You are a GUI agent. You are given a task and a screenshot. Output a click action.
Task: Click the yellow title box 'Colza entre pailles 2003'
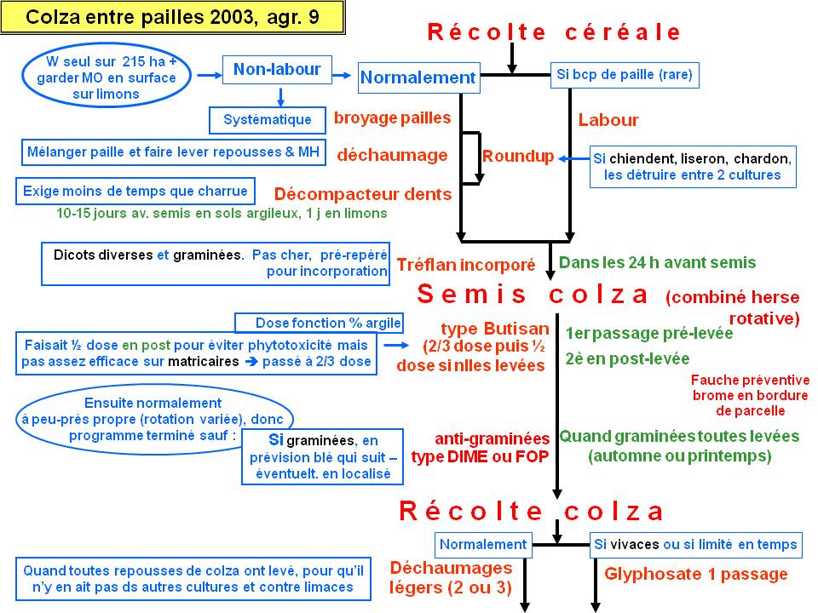coord(172,17)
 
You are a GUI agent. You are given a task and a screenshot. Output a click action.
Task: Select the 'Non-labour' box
coord(277,69)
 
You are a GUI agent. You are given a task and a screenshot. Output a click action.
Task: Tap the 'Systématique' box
coord(267,120)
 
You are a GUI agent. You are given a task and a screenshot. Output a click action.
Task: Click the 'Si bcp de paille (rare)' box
coord(625,75)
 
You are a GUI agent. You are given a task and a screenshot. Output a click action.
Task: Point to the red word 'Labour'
coord(608,120)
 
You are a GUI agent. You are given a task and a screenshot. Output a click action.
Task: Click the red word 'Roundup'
coord(518,156)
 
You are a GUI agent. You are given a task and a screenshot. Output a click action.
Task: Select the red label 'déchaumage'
coord(392,155)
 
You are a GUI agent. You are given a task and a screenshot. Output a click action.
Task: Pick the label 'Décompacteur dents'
coord(363,194)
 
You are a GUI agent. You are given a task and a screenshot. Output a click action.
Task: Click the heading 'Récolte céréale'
coord(554,32)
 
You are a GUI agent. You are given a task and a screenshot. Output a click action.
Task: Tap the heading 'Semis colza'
coord(533,294)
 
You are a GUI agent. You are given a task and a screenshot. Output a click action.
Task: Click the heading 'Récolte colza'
coord(531,511)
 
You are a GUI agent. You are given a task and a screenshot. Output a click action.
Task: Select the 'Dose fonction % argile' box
coord(319,323)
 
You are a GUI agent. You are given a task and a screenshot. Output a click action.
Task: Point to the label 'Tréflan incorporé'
coord(466,265)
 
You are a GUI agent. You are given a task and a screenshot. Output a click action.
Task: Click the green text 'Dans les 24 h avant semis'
coord(657,262)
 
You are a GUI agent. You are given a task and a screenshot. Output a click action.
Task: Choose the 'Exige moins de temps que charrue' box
coord(135,192)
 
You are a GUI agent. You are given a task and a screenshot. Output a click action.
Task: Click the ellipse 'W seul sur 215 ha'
coord(107,77)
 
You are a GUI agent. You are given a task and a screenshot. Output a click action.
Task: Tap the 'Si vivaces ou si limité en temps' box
coord(696,545)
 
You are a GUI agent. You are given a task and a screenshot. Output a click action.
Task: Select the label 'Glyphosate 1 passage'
coord(696,574)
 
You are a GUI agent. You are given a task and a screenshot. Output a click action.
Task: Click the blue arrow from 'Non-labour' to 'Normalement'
coord(342,75)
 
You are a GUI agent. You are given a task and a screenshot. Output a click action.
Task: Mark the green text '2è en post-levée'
coord(628,358)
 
